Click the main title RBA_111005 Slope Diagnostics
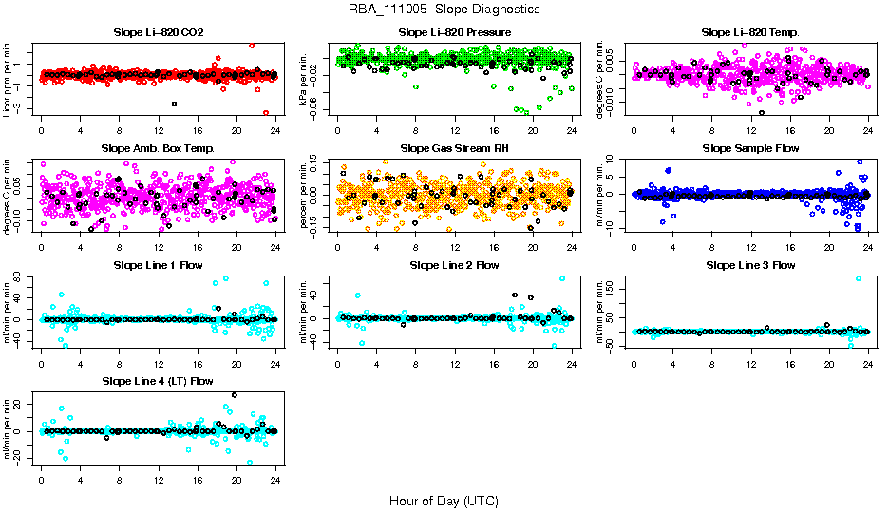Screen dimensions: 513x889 [x=444, y=9]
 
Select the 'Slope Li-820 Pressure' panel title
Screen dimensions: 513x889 [x=455, y=32]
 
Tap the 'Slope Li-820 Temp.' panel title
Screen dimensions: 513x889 [x=750, y=32]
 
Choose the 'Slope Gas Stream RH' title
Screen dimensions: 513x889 [x=455, y=149]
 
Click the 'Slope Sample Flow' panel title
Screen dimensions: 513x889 [x=750, y=149]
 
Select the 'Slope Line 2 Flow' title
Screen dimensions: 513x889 [x=455, y=265]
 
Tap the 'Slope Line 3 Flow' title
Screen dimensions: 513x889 [x=750, y=265]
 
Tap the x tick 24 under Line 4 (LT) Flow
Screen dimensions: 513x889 [x=275, y=481]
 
